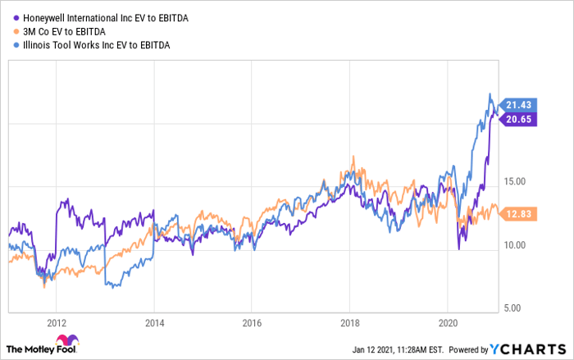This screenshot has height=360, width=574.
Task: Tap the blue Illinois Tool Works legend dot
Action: point(16,43)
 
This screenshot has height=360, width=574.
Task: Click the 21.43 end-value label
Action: point(520,105)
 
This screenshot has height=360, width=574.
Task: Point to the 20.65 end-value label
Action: point(520,119)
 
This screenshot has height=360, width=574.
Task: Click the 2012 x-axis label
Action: point(57,322)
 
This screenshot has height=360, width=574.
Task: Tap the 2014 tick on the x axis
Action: point(154,322)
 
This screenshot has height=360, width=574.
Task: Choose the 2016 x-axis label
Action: point(252,322)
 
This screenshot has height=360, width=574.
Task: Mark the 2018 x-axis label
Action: point(349,322)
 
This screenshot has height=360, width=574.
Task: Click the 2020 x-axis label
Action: point(448,322)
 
